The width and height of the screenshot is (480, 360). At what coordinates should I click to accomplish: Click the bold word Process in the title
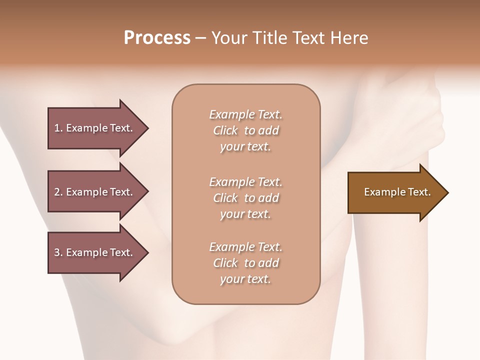(x=157, y=38)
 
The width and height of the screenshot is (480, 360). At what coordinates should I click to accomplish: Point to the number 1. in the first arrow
(x=58, y=128)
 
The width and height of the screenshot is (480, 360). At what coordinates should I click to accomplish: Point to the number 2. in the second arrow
(x=58, y=192)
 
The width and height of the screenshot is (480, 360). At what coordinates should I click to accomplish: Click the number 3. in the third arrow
(x=58, y=252)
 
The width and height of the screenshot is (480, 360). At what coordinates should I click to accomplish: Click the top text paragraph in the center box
(x=246, y=130)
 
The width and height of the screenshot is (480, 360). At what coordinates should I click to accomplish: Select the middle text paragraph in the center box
(x=246, y=198)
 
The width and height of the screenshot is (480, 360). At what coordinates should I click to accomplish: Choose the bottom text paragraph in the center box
(x=246, y=263)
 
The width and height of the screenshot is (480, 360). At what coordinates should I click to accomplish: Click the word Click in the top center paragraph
(x=225, y=130)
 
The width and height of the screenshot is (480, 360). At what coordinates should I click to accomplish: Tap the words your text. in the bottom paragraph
(x=245, y=279)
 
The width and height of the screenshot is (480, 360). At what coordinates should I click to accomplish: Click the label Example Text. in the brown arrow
(x=397, y=192)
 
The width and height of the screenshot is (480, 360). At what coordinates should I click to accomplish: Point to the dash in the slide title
(x=201, y=38)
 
